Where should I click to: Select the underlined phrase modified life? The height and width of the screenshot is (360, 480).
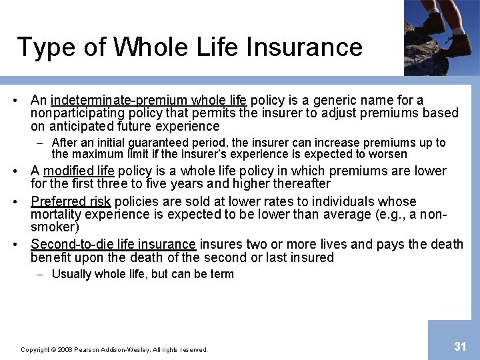(x=79, y=171)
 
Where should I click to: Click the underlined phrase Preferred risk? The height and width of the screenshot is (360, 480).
(x=71, y=201)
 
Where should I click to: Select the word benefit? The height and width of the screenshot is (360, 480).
(x=52, y=257)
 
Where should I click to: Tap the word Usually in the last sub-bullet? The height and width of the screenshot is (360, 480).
(x=71, y=274)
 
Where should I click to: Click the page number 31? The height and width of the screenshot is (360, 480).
(x=460, y=346)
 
